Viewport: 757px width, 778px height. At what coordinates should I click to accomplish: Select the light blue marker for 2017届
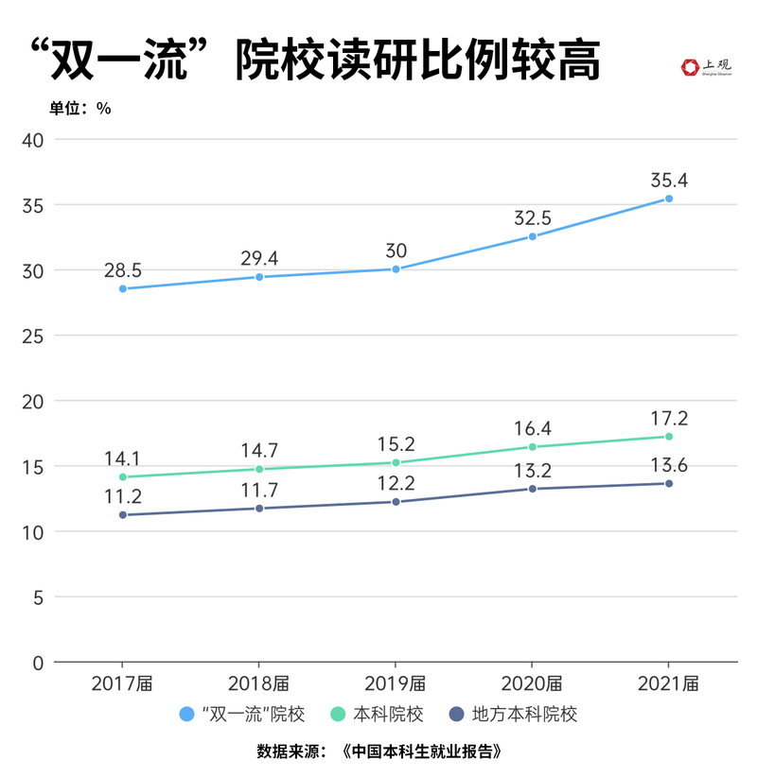(x=123, y=288)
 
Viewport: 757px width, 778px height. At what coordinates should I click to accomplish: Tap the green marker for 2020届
(x=532, y=446)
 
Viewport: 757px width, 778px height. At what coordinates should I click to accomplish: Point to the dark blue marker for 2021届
(x=669, y=483)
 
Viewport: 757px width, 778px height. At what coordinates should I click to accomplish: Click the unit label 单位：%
(x=80, y=108)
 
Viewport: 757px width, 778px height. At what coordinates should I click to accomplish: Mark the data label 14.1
(x=123, y=458)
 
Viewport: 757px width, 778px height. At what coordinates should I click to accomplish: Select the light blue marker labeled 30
(x=396, y=268)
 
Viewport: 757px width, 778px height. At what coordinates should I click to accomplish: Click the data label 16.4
(x=532, y=426)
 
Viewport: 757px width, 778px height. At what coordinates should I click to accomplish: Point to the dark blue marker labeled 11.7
(x=259, y=508)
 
